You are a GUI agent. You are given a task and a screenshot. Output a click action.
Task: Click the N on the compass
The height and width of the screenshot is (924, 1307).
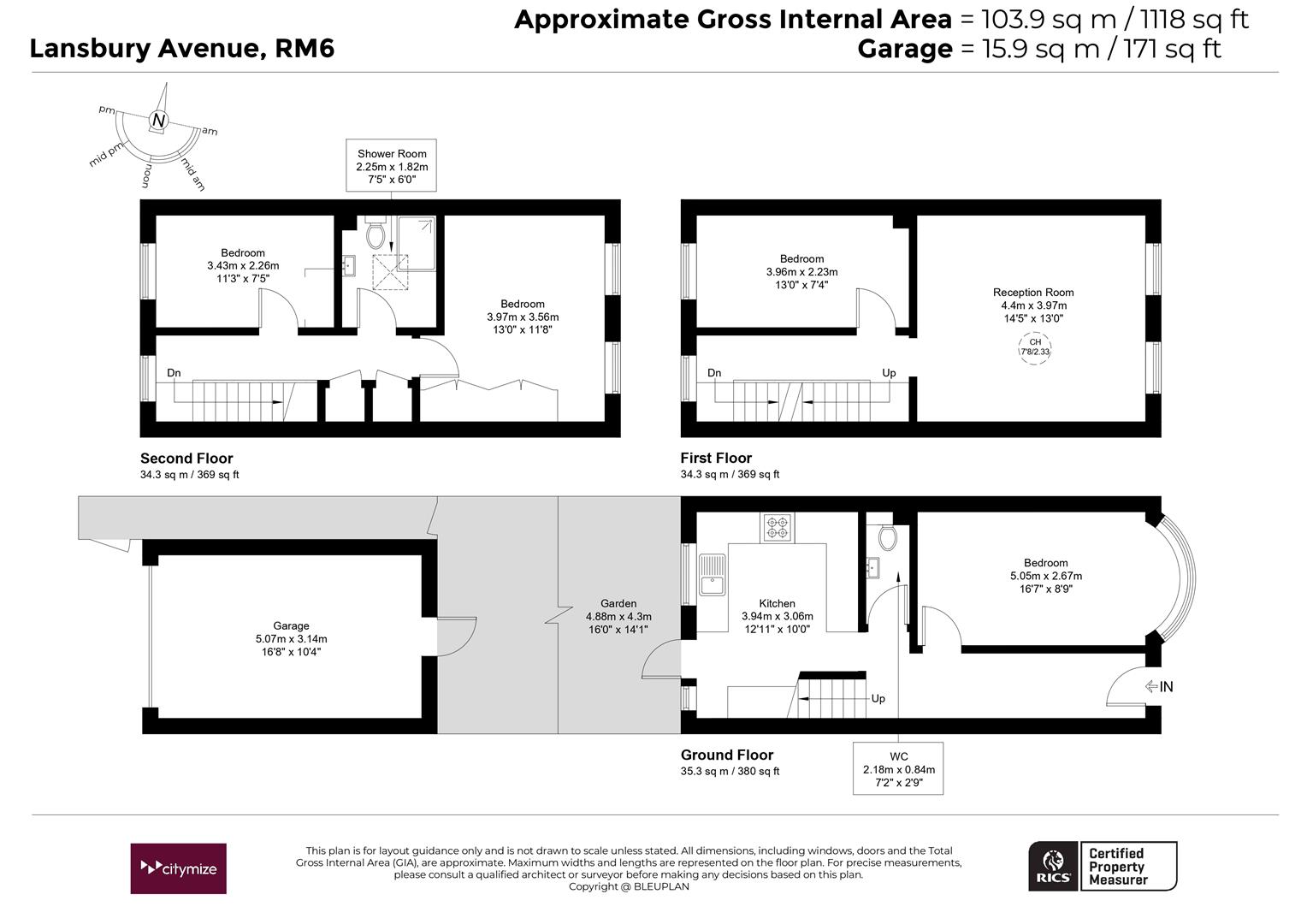pyautogui.click(x=158, y=121)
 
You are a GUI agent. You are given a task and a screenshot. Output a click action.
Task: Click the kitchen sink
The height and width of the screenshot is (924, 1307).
pyautogui.click(x=712, y=575)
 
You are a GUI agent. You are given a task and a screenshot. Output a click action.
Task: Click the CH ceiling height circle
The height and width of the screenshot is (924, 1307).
pyautogui.click(x=1034, y=348)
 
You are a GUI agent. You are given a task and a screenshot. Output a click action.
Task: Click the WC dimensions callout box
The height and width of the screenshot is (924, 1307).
pyautogui.click(x=898, y=768)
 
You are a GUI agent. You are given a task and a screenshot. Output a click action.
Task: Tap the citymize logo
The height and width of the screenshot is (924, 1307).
pyautogui.click(x=178, y=868)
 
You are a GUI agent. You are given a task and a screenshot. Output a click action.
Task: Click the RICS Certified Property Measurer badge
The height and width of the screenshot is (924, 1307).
pyautogui.click(x=1103, y=866)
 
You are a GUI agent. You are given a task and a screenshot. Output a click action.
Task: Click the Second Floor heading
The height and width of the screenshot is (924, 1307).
pyautogui.click(x=186, y=459)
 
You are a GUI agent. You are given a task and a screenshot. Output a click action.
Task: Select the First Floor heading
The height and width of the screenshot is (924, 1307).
pyautogui.click(x=716, y=459)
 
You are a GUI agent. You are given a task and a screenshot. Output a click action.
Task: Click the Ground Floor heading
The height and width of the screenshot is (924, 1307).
pyautogui.click(x=727, y=755)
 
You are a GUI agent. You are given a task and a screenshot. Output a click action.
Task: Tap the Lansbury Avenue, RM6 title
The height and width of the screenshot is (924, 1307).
pyautogui.click(x=182, y=49)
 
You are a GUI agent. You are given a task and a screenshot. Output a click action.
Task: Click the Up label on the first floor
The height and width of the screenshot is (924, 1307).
pyautogui.click(x=889, y=373)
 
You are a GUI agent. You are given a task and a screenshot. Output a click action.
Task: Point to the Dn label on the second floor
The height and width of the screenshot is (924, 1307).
pyautogui.click(x=174, y=373)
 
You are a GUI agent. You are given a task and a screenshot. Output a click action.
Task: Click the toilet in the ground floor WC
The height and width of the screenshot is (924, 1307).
pyautogui.click(x=888, y=537)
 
